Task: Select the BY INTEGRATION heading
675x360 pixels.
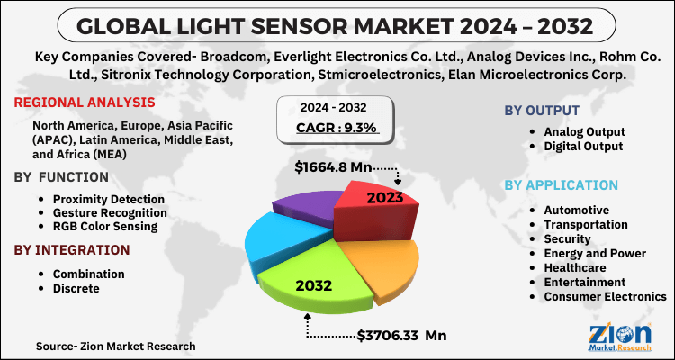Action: [71, 249]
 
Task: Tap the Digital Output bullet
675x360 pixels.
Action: [583, 145]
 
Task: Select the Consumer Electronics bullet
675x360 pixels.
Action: [604, 295]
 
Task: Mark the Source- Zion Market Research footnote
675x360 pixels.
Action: [115, 346]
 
